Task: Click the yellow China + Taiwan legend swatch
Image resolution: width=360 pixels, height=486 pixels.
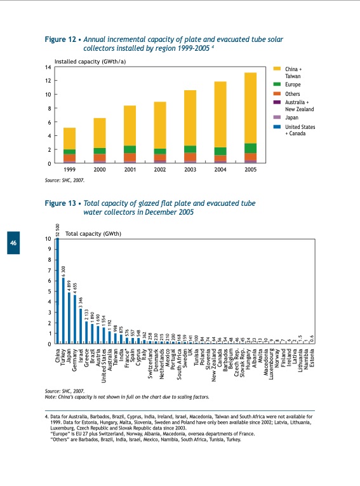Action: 277,69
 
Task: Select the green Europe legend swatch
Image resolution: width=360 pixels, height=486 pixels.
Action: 277,84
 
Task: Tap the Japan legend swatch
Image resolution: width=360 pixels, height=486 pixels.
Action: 277,118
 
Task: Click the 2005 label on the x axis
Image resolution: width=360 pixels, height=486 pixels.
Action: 251,171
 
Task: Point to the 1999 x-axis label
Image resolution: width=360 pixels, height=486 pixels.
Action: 69,171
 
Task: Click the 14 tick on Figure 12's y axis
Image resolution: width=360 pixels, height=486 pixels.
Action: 48,67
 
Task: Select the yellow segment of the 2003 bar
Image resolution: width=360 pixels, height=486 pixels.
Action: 190,118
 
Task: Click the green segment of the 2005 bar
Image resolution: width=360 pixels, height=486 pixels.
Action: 251,148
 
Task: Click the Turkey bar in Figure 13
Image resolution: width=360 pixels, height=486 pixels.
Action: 63,311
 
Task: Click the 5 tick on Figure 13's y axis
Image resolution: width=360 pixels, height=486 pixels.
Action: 49,292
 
